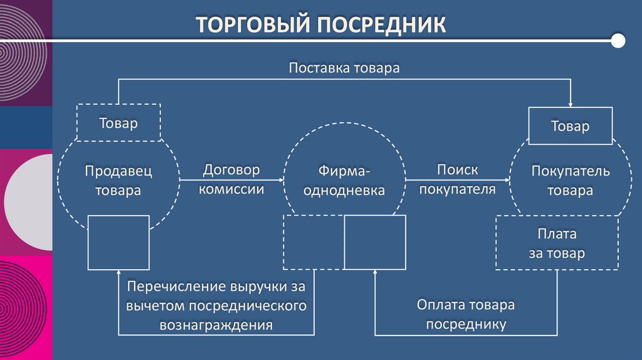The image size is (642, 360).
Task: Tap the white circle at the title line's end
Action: tap(618, 41)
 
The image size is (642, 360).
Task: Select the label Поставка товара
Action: tap(344, 67)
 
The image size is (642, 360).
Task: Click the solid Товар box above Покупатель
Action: tap(570, 126)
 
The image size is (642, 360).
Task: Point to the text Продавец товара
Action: tap(118, 181)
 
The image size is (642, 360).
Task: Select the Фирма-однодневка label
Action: tap(344, 181)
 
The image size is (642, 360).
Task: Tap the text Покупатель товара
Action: tap(570, 181)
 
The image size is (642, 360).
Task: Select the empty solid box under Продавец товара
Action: tap(118, 241)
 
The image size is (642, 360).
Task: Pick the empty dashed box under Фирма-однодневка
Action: tap(313, 241)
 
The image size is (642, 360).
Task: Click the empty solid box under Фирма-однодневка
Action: tap(374, 241)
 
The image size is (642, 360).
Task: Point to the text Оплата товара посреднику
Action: tap(466, 314)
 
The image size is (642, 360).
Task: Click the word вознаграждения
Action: tap(216, 326)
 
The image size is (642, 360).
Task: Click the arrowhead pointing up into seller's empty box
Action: tap(118, 273)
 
